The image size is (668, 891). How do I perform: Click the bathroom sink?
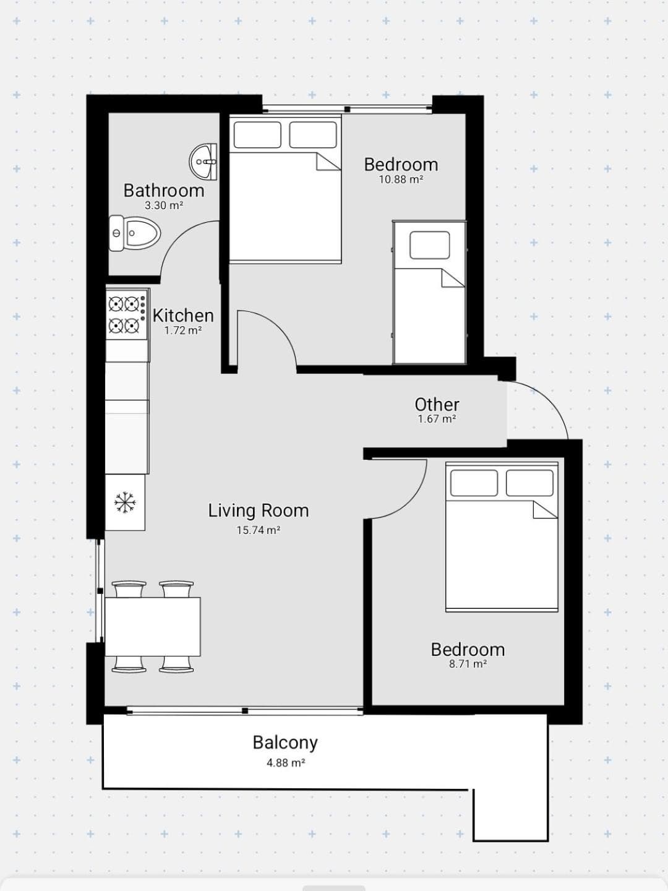pyautogui.click(x=203, y=162)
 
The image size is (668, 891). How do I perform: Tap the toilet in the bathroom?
pyautogui.click(x=135, y=233)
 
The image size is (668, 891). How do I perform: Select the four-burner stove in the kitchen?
pyautogui.click(x=127, y=314)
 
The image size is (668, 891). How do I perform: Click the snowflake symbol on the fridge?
pyautogui.click(x=126, y=502)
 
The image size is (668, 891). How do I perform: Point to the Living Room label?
pyautogui.click(x=259, y=511)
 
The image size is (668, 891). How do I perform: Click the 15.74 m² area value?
pyautogui.click(x=259, y=530)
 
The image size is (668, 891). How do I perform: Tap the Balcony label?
pyautogui.click(x=285, y=743)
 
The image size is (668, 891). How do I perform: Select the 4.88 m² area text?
pyautogui.click(x=286, y=763)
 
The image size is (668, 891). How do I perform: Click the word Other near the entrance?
pyautogui.click(x=437, y=405)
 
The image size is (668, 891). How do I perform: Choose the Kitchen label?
pyautogui.click(x=183, y=316)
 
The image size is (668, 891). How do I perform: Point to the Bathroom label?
pyautogui.click(x=164, y=191)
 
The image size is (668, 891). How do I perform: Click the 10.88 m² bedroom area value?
pyautogui.click(x=401, y=179)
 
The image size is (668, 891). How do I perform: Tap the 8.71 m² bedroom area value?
pyautogui.click(x=468, y=664)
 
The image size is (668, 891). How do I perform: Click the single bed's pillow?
pyautogui.click(x=429, y=245)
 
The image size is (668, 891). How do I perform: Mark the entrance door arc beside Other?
pyautogui.click(x=547, y=399)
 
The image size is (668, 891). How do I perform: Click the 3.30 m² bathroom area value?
pyautogui.click(x=164, y=205)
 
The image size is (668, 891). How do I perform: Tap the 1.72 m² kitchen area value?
pyautogui.click(x=183, y=330)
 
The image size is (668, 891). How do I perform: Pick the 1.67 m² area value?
pyautogui.click(x=437, y=419)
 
